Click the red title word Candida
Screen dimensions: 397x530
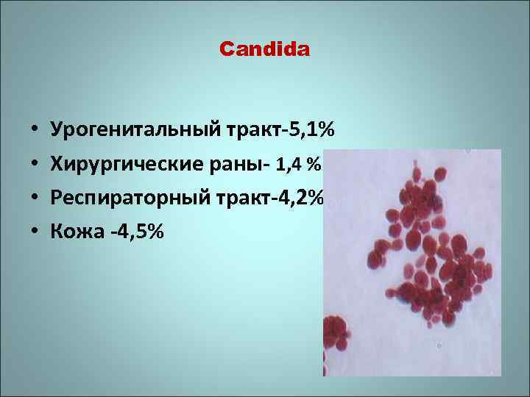265,50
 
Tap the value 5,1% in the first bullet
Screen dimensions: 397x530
313,131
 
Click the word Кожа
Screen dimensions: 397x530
72,232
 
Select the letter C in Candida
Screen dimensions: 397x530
225,50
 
